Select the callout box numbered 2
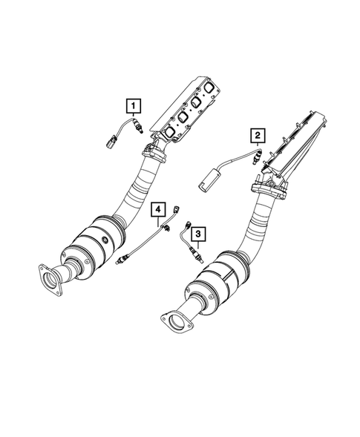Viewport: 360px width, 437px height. click(x=256, y=134)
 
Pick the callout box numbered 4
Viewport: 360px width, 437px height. click(x=157, y=209)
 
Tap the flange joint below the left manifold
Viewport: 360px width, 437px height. click(x=156, y=154)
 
